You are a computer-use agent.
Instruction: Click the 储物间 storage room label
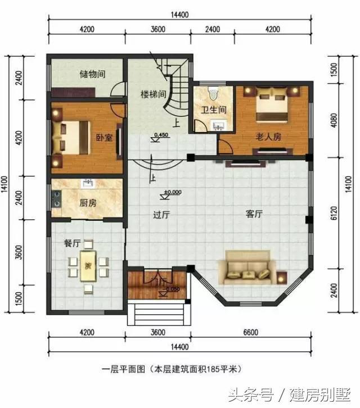[x=93, y=74]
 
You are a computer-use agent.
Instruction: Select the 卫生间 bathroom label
[x=214, y=110]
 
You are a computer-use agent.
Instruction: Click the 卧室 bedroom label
[x=103, y=137]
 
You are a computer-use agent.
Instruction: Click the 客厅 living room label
[x=255, y=214]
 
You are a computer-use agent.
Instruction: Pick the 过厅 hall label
[x=162, y=214]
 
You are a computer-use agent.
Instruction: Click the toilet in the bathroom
[x=213, y=92]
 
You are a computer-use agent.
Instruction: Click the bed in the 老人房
[x=273, y=105]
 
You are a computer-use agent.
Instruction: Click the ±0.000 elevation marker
[x=172, y=192]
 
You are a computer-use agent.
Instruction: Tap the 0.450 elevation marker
[x=160, y=135]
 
